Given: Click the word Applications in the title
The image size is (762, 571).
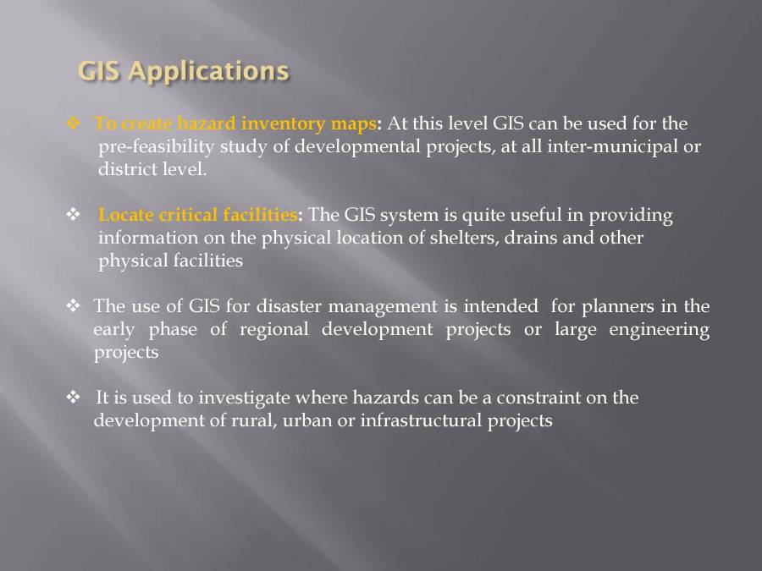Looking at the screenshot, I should (x=209, y=71).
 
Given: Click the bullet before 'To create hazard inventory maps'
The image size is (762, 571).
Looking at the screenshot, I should (x=72, y=124).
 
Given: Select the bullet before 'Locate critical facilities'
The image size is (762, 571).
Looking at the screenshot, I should (x=72, y=215).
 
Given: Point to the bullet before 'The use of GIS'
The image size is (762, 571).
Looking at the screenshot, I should (x=72, y=306).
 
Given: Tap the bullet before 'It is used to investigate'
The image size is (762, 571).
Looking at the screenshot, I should (x=72, y=398).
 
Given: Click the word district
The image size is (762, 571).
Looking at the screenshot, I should (x=125, y=169).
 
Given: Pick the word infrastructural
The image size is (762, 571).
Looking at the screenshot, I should (x=421, y=420).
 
